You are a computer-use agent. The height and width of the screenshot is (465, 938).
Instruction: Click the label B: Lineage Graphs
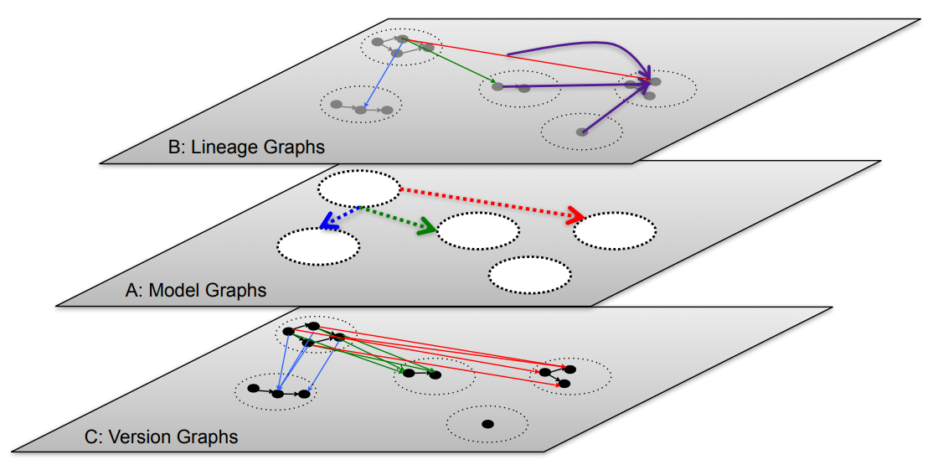tap(245, 147)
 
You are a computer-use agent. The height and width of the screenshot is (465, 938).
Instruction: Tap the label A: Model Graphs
tap(195, 291)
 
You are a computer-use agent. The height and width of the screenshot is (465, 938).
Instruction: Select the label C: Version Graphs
tap(161, 437)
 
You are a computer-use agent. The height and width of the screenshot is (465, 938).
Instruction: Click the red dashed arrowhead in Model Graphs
tap(575, 216)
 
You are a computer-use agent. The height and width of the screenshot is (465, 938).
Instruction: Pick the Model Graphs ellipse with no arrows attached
tap(530, 273)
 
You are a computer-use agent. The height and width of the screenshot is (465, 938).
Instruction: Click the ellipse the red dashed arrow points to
tap(614, 230)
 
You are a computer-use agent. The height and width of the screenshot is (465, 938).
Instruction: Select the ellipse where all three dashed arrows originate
tap(359, 189)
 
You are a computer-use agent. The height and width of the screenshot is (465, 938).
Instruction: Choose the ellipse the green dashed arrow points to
tap(478, 230)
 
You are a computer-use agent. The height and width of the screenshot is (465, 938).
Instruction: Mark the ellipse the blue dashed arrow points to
tap(318, 245)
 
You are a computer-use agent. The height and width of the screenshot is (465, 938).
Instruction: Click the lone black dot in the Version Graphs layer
tap(487, 424)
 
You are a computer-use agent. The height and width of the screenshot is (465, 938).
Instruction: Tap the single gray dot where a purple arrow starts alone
tap(582, 132)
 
